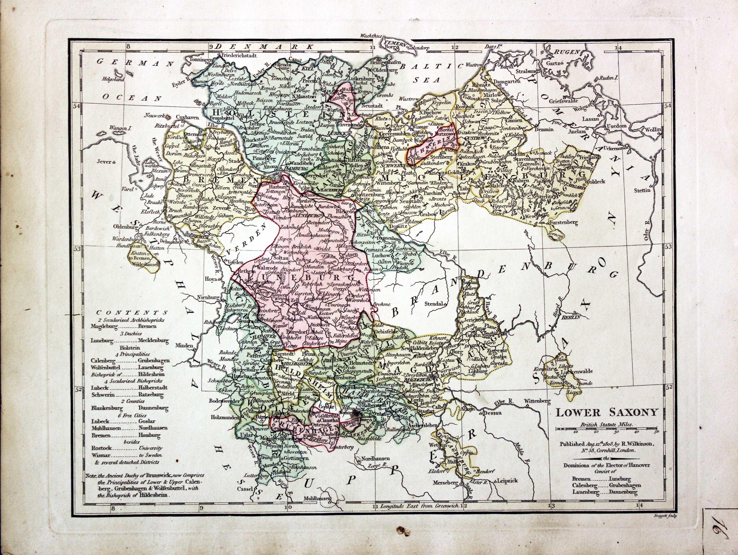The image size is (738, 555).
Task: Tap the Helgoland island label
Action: [113, 80]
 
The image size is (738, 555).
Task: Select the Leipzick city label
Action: [507, 481]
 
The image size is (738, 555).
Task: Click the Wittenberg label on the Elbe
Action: [537, 400]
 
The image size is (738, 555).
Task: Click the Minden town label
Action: [186, 346]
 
